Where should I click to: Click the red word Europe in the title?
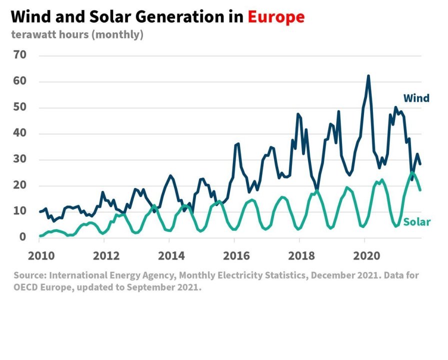click(276, 17)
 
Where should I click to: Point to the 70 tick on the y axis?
click(20, 55)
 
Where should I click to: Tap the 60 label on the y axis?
click(20, 81)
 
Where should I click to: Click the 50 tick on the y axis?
click(20, 107)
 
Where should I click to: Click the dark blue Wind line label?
click(416, 98)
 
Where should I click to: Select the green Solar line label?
click(416, 222)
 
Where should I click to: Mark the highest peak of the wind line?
click(368, 76)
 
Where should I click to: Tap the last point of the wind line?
click(420, 164)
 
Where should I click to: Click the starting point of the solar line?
click(40, 235)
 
